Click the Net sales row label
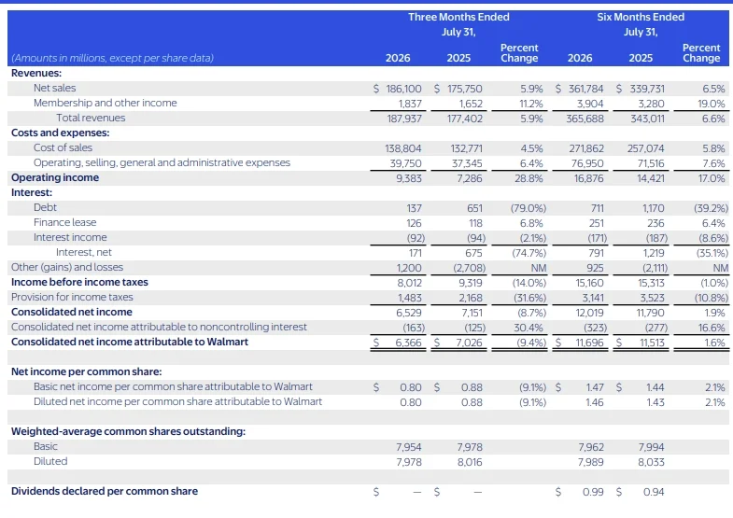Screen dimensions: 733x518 [54, 88]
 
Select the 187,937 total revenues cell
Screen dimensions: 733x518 [404, 119]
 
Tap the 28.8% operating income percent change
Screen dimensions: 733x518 [529, 178]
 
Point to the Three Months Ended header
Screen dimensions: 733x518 [458, 17]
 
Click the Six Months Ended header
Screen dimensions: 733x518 [641, 17]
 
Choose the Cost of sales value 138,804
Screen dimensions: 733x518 [403, 148]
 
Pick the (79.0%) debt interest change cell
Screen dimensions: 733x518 [529, 208]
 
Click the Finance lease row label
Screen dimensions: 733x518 [65, 222]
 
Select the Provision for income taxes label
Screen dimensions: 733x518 [72, 297]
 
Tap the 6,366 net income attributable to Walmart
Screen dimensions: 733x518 [408, 343]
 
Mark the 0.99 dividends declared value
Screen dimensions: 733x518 [593, 492]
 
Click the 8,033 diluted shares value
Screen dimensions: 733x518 [651, 462]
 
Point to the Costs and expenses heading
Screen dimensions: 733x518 [61, 133]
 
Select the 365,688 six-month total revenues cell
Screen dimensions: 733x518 [585, 119]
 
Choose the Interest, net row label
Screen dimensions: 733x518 [84, 252]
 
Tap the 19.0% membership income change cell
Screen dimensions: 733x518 [711, 104]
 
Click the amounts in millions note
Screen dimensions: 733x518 [112, 58]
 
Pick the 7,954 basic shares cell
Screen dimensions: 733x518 [409, 447]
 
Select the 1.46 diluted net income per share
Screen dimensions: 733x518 [595, 402]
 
